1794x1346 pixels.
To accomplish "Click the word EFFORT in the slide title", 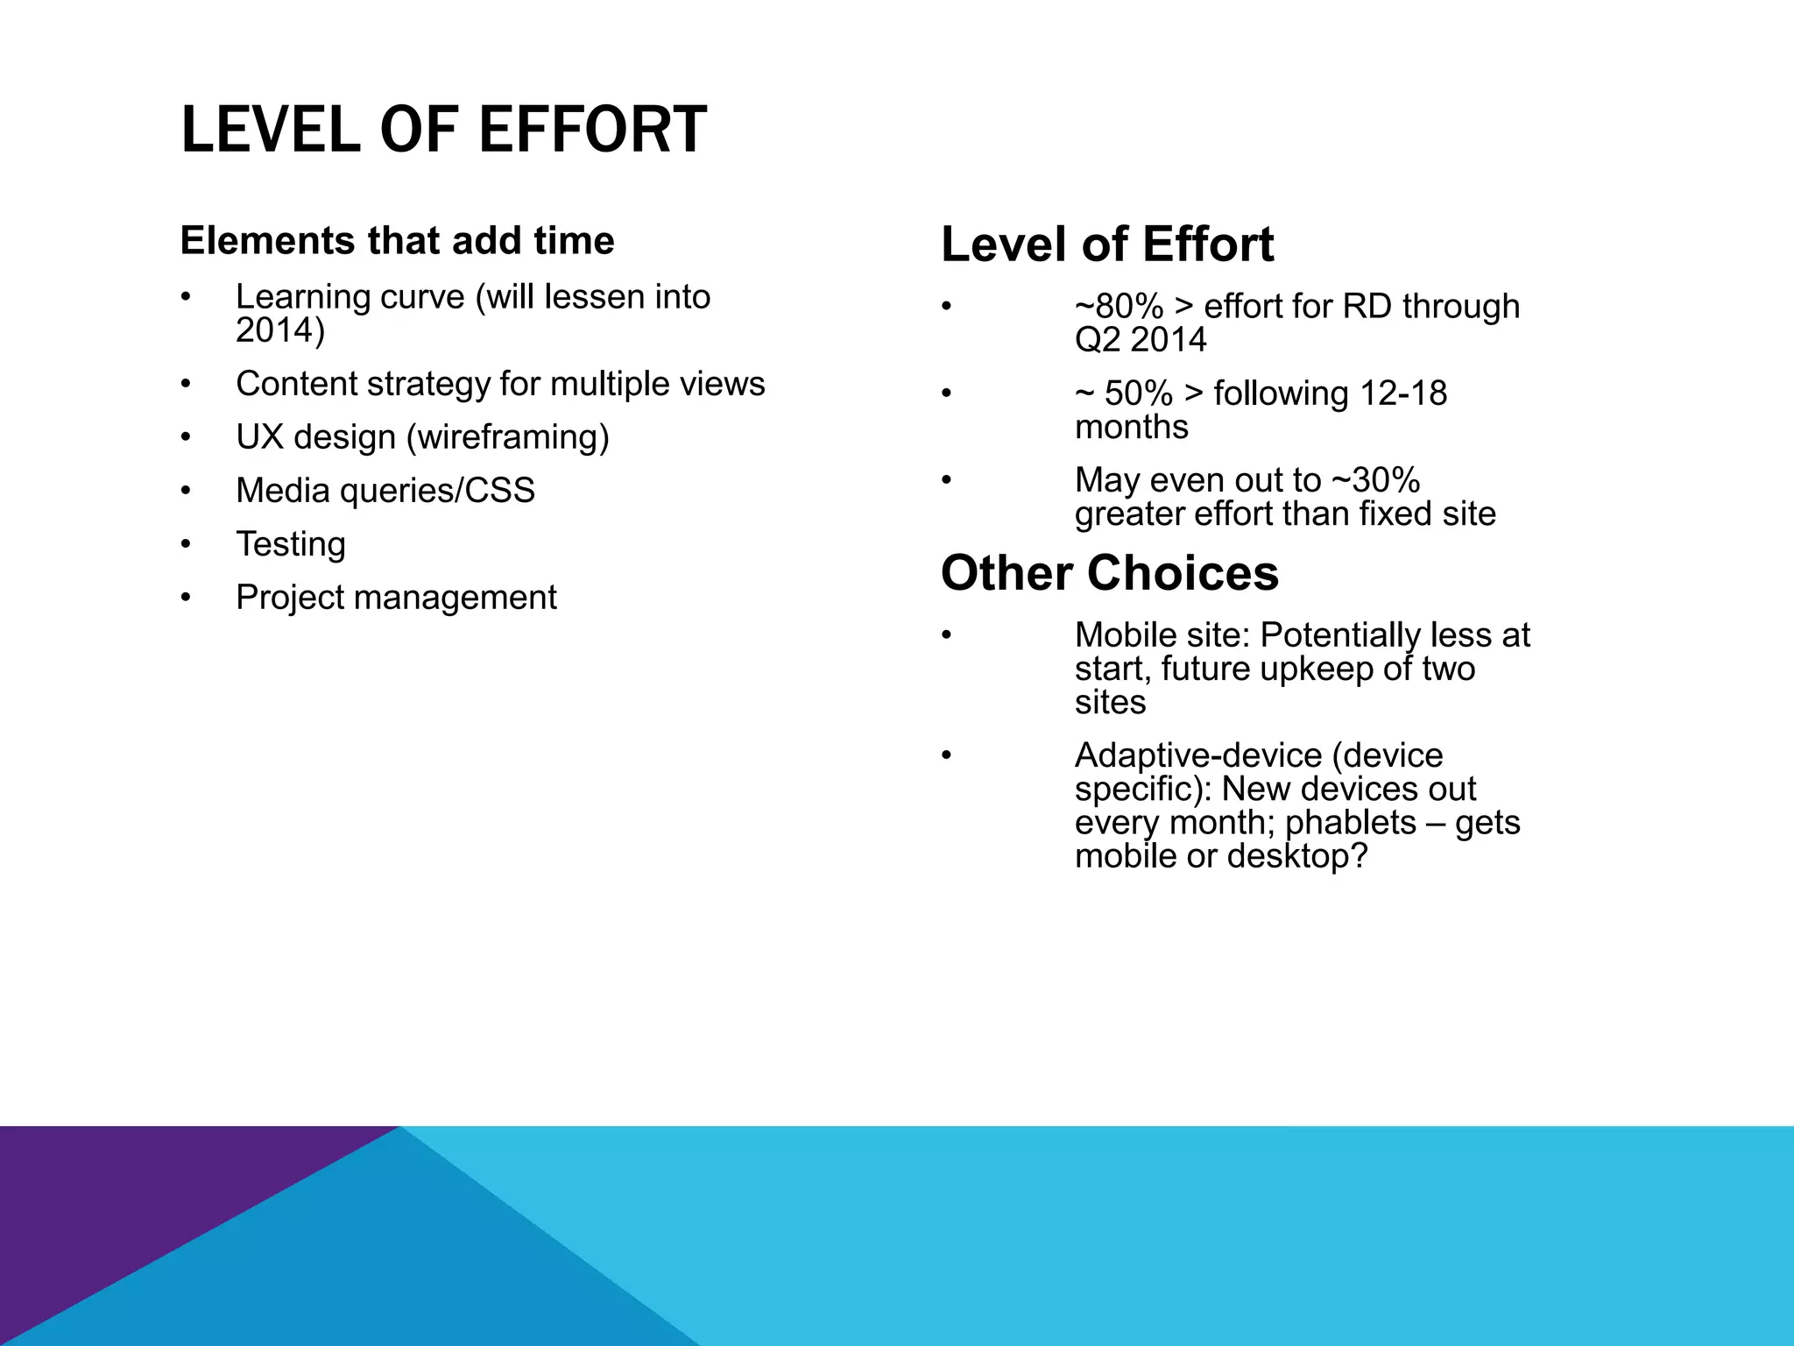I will [x=592, y=130].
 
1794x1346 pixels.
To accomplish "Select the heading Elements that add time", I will [x=397, y=241].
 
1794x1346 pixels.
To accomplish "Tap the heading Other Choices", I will [x=1109, y=573].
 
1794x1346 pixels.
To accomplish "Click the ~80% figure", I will [x=1119, y=307].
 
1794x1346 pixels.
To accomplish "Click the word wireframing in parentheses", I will [x=508, y=437].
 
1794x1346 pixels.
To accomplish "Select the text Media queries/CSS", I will [x=385, y=491].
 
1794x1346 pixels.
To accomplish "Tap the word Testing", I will [x=291, y=544].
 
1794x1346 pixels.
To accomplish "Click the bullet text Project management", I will [x=396, y=598].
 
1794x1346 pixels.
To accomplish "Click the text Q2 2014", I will [x=1141, y=340].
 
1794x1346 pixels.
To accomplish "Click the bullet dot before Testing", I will [x=186, y=545].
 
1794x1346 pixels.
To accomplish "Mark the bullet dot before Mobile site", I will [x=946, y=635].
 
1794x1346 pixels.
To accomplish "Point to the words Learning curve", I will [x=350, y=297].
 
